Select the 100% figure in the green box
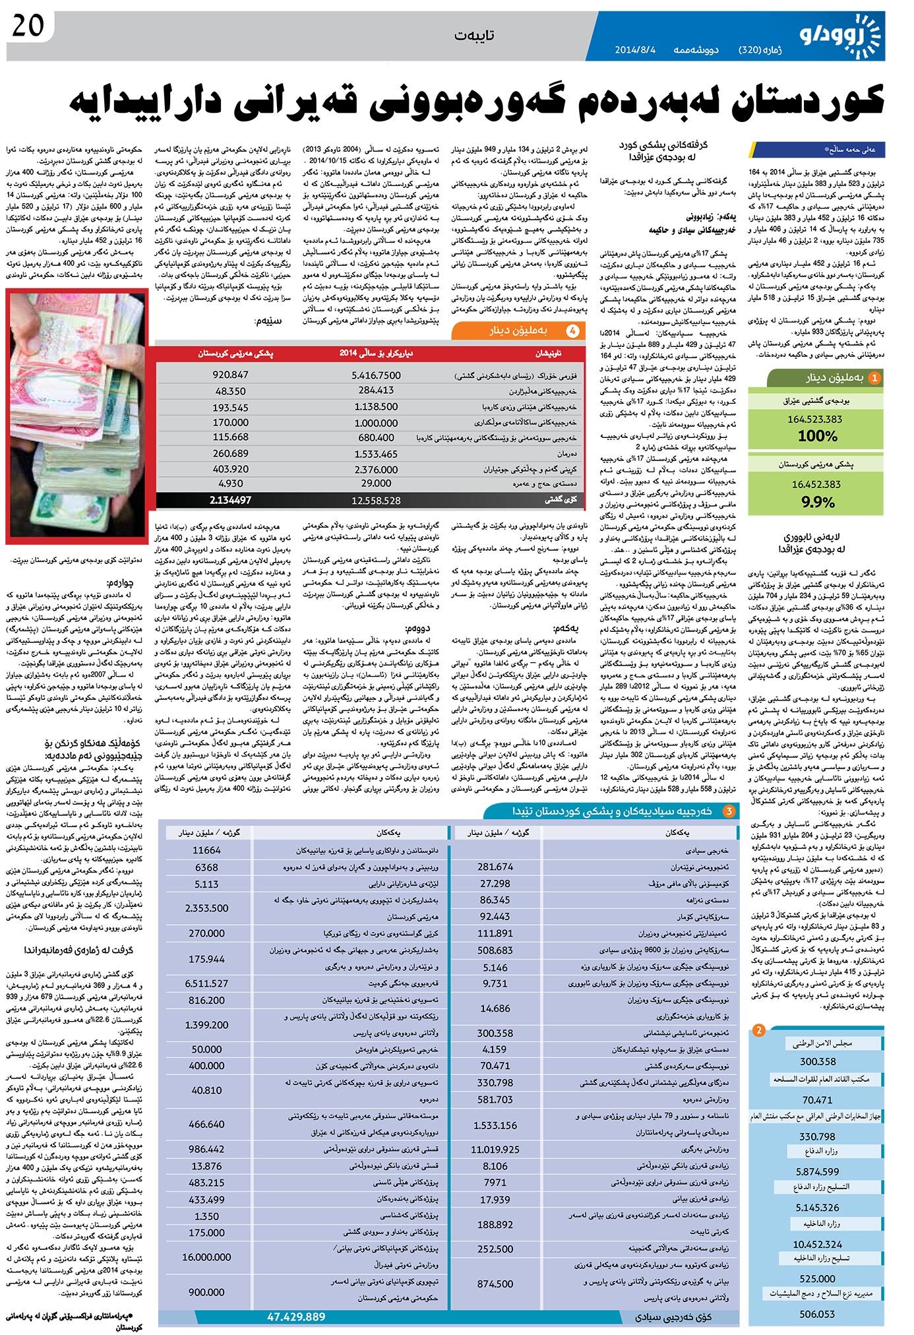click(817, 436)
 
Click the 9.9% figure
click(817, 502)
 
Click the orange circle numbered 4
click(574, 331)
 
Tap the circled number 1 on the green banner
click(874, 378)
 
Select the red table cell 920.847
click(231, 374)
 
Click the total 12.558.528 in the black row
click(376, 501)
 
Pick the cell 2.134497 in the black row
click(230, 500)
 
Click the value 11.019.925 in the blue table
click(495, 1149)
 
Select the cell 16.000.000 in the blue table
click(206, 1257)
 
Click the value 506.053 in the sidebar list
click(817, 1314)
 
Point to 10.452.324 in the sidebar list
click(817, 1244)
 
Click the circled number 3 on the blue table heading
click(729, 811)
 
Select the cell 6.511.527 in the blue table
click(206, 983)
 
